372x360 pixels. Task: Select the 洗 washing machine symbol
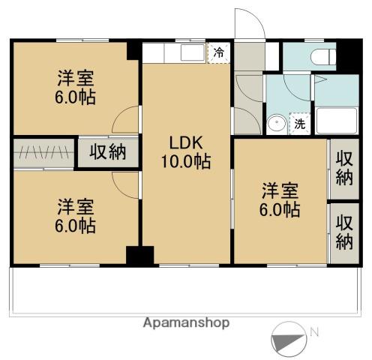[x=299, y=124]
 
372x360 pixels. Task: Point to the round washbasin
[x=276, y=124]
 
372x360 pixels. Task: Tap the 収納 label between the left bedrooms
[x=108, y=152]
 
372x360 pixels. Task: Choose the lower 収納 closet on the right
[x=343, y=232]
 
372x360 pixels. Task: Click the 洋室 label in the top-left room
[x=75, y=79]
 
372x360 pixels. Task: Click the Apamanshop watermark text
[x=186, y=322]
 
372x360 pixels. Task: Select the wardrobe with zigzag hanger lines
[x=43, y=153]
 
